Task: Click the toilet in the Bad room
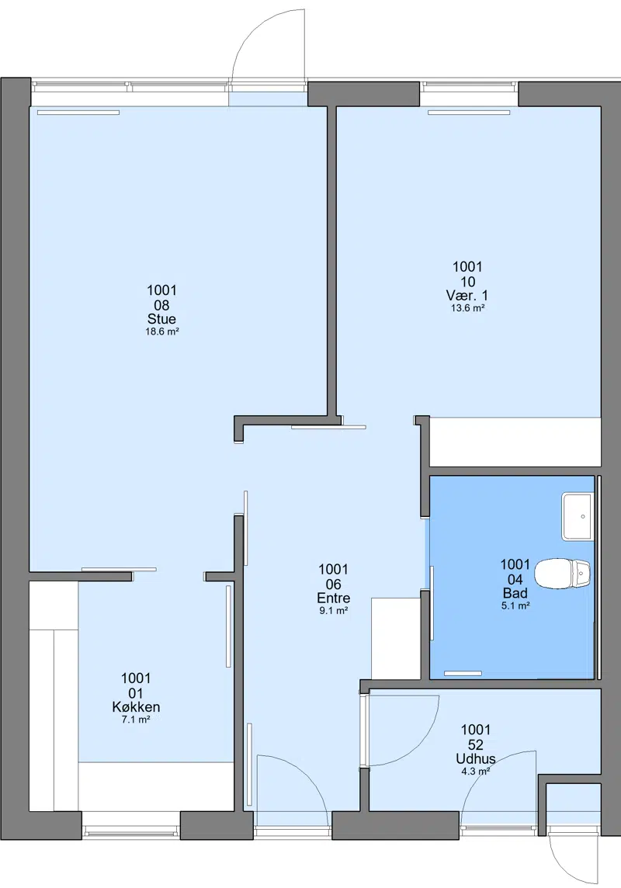pos(563,574)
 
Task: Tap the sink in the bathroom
pos(577,516)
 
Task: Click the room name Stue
pos(161,319)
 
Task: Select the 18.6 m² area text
pos(162,332)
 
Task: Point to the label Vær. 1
pos(467,295)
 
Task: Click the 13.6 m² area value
pos(467,308)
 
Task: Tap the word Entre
pos(334,598)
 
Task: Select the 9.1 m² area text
pos(334,611)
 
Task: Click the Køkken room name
pos(136,707)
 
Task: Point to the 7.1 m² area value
pos(136,720)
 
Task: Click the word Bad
pos(515,593)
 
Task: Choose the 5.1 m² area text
pos(515,606)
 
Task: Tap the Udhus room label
pos(476,758)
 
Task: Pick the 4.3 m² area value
pos(476,772)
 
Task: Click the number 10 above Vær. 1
pos(467,282)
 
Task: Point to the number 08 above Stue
pos(162,305)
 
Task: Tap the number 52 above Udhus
pos(476,744)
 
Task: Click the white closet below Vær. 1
pos(515,442)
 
